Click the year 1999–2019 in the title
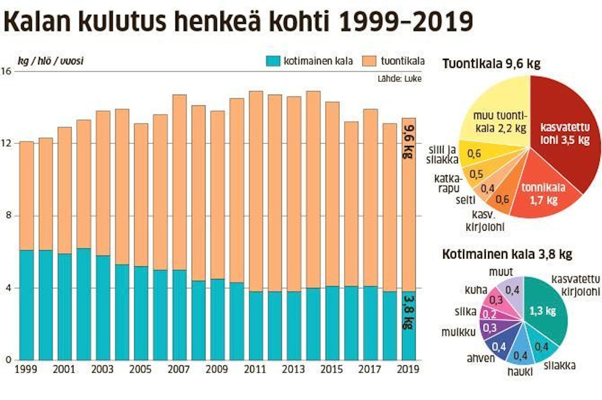pos(406,22)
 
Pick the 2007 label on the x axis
pos(179,369)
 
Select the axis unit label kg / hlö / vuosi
pos(51,60)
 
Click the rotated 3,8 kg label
pos(407,311)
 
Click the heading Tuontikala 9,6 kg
pos(491,64)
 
